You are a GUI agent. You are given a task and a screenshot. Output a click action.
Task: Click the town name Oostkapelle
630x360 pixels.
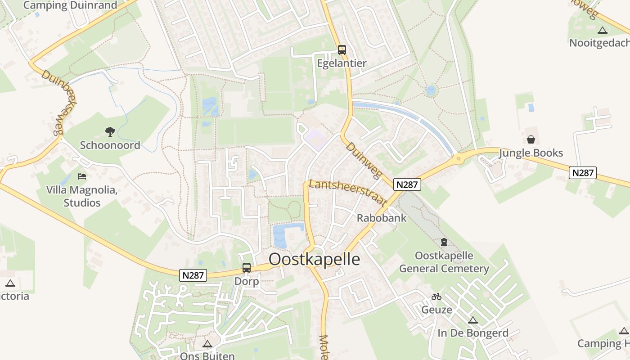pyautogui.click(x=314, y=260)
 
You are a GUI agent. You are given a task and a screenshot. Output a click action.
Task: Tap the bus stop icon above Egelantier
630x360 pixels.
pyautogui.click(x=342, y=50)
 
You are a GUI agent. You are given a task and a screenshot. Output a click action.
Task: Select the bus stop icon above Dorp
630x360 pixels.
pyautogui.click(x=247, y=268)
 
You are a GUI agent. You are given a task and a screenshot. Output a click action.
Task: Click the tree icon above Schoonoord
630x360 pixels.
pyautogui.click(x=110, y=132)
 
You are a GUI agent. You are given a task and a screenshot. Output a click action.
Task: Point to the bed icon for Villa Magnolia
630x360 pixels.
pyautogui.click(x=82, y=176)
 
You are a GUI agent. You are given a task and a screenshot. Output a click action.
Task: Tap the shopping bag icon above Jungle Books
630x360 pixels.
pyautogui.click(x=531, y=139)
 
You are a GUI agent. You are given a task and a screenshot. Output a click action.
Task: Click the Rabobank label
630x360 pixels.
pyautogui.click(x=382, y=218)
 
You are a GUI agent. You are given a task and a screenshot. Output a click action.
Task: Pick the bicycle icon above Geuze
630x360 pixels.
pyautogui.click(x=436, y=297)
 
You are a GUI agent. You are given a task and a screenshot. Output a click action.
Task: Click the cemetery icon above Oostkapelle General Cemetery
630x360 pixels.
pyautogui.click(x=444, y=242)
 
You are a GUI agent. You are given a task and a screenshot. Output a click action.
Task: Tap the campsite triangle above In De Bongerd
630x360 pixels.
pyautogui.click(x=472, y=320)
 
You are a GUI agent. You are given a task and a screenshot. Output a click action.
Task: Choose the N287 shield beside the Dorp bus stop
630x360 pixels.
pyautogui.click(x=193, y=275)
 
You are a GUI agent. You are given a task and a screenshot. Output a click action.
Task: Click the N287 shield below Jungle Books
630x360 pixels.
pyautogui.click(x=583, y=172)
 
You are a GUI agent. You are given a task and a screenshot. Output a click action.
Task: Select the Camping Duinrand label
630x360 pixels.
pyautogui.click(x=70, y=5)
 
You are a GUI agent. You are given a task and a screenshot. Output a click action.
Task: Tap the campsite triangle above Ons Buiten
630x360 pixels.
pyautogui.click(x=207, y=344)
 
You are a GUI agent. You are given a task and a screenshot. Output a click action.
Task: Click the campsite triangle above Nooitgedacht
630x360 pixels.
pyautogui.click(x=603, y=30)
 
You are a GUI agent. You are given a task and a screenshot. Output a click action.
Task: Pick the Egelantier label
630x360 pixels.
pyautogui.click(x=342, y=63)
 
